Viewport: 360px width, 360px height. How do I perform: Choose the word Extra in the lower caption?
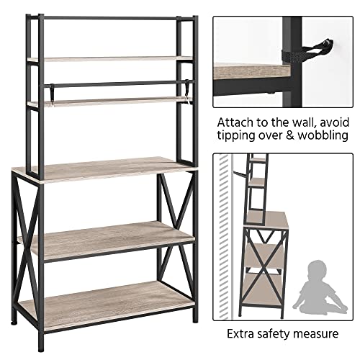coord(245,333)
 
